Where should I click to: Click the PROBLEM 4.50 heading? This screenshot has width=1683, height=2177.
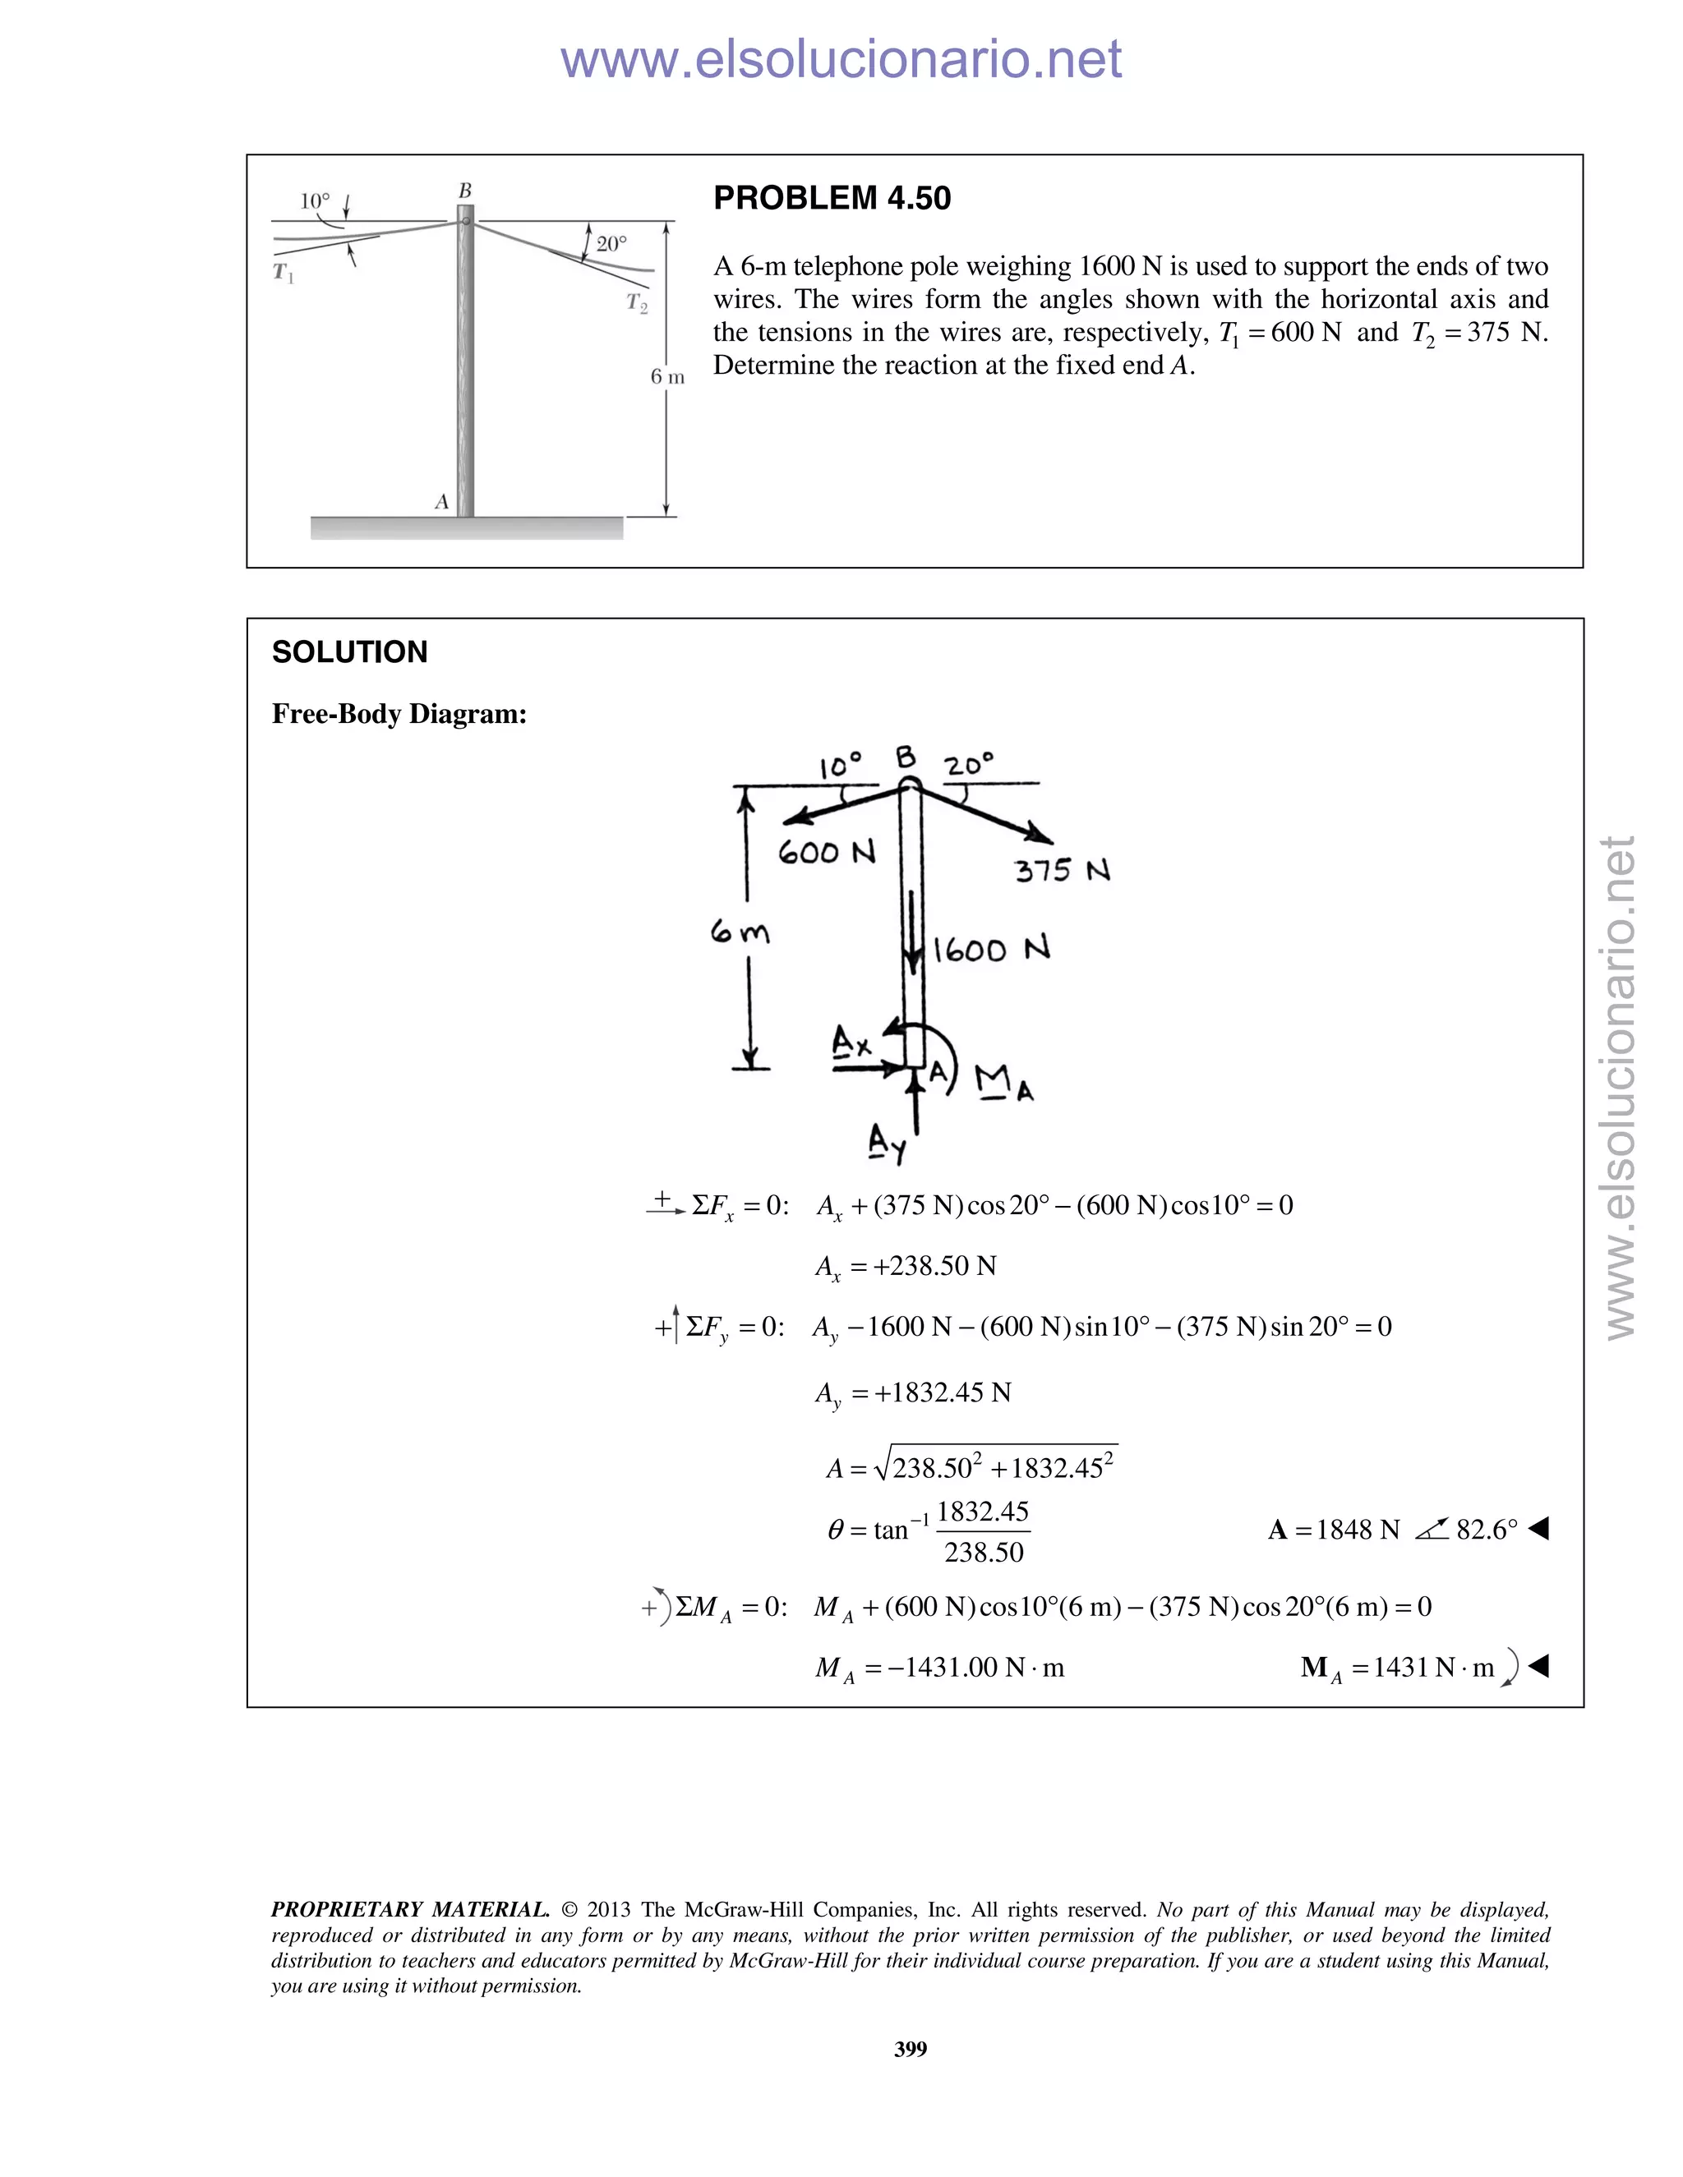(x=832, y=198)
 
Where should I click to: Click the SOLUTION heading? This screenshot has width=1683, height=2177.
(x=349, y=652)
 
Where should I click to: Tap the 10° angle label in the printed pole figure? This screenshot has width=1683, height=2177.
(x=314, y=201)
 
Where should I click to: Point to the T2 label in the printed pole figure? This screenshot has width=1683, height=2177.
(x=636, y=303)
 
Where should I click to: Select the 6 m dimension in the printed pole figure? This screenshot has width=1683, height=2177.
(x=667, y=377)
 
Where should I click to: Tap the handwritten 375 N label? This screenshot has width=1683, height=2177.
(x=1062, y=870)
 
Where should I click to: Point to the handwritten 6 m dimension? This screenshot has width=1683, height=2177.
(x=739, y=933)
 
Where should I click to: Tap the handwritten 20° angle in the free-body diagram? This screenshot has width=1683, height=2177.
(x=969, y=766)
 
